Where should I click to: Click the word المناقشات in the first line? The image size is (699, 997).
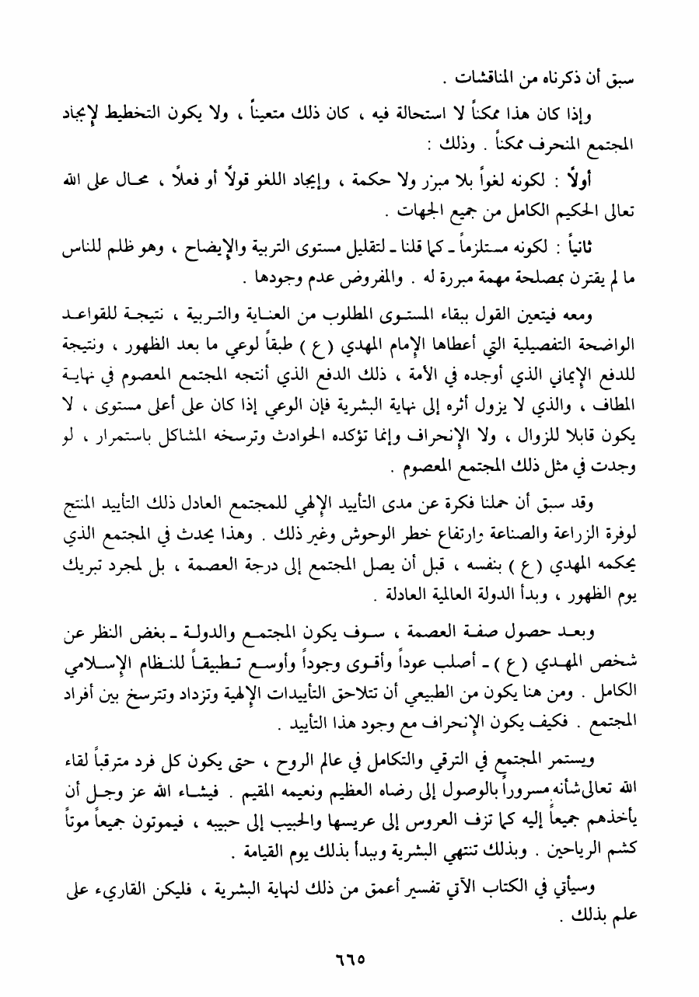click(x=491, y=78)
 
